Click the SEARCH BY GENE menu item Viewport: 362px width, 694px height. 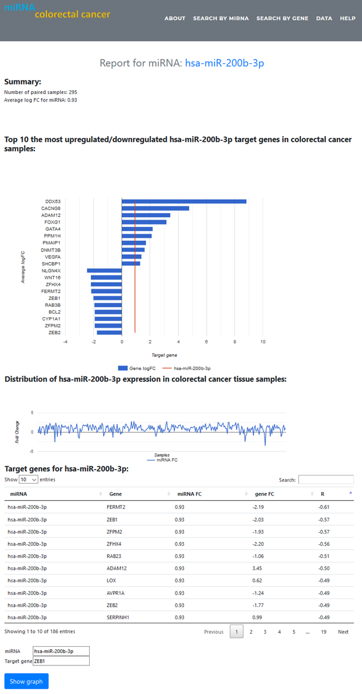click(x=282, y=18)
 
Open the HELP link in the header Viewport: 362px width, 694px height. click(x=348, y=18)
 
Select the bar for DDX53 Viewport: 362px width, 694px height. click(x=184, y=201)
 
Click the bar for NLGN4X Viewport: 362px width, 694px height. click(x=104, y=270)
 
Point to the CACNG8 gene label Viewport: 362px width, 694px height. click(x=51, y=208)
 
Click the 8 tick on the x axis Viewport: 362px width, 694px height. click(x=235, y=342)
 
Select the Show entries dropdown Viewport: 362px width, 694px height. click(x=29, y=480)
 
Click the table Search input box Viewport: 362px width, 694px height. click(x=326, y=480)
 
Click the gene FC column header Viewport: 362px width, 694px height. click(x=264, y=494)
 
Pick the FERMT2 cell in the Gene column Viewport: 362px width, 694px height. click(x=116, y=507)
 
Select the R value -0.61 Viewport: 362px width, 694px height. click(x=324, y=507)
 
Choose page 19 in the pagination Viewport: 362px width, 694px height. click(x=323, y=632)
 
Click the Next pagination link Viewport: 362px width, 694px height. click(x=343, y=632)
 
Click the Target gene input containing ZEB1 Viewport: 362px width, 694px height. click(x=61, y=661)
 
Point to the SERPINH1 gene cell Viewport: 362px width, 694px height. click(x=119, y=618)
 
